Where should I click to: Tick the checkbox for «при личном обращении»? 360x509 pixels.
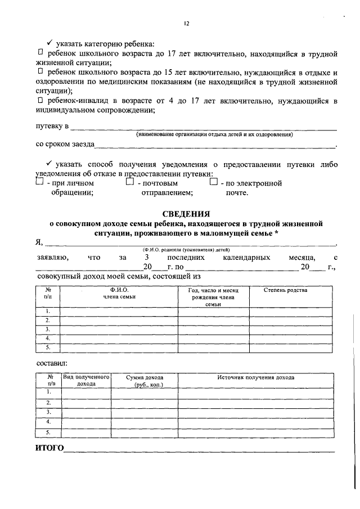(39, 182)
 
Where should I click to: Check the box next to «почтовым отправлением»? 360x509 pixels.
(129, 182)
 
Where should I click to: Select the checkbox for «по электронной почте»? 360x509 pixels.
(213, 182)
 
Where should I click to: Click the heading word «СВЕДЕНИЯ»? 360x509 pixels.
(186, 214)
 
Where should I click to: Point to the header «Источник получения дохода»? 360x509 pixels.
(255, 377)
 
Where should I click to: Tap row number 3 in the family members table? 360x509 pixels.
(48, 329)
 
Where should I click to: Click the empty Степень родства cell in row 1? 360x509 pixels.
(285, 311)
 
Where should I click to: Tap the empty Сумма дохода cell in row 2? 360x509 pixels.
(145, 403)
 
